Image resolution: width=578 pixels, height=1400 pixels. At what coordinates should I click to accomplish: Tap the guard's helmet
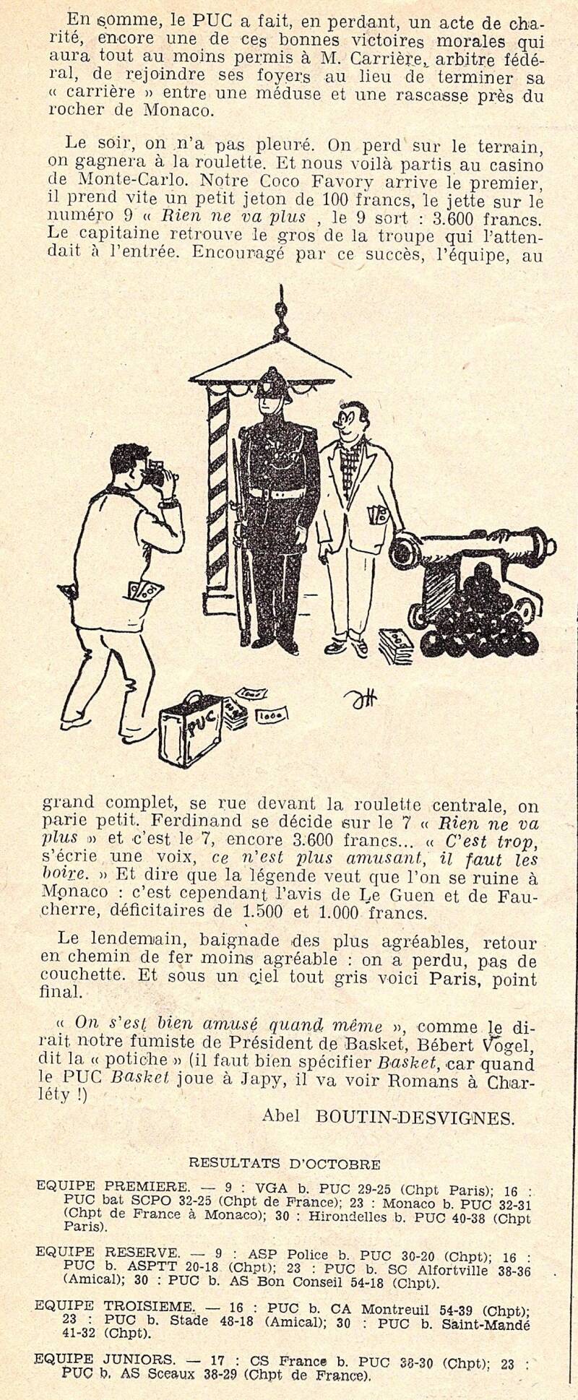coord(274,383)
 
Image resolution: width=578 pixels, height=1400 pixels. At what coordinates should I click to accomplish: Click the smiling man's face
coord(355,422)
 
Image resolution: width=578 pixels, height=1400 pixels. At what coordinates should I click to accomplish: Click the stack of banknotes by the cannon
coord(396,645)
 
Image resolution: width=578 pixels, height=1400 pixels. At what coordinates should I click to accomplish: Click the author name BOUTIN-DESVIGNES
coord(415,1118)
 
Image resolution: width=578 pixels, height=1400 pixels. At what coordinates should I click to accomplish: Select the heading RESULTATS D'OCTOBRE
coord(284,1164)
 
